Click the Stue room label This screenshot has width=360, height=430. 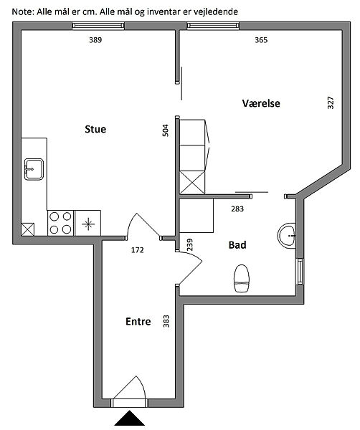[x=95, y=129]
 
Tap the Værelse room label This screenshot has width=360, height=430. [x=261, y=103]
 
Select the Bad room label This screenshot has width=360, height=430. [x=237, y=244]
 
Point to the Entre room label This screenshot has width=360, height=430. [x=138, y=321]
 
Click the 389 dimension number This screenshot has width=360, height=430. [x=95, y=40]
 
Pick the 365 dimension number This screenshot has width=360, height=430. [x=261, y=40]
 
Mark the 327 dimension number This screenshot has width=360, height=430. [x=331, y=102]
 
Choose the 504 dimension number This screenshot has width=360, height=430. [x=166, y=130]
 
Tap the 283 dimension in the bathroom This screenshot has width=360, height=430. [x=237, y=209]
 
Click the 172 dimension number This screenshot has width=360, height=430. [x=138, y=250]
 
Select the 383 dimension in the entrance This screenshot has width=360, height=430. [x=166, y=321]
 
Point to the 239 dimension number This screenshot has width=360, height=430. [x=189, y=244]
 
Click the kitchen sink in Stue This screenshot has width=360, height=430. [x=34, y=169]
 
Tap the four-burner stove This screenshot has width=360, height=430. [x=60, y=223]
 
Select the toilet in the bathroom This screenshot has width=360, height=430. [x=242, y=278]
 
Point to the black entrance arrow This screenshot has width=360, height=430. [x=129, y=418]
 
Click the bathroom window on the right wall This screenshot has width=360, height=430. [x=300, y=272]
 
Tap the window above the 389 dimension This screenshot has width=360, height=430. [x=98, y=26]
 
